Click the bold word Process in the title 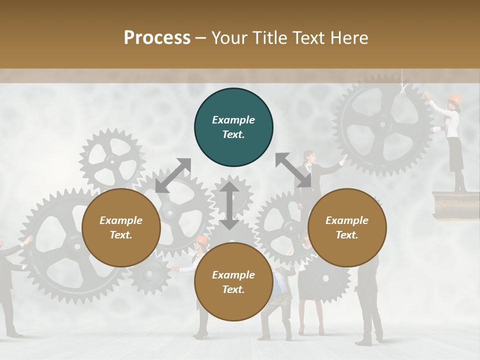tap(157, 38)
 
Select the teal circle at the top tap(233, 127)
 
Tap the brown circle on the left tap(121, 228)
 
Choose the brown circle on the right tap(347, 228)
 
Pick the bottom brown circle tap(233, 282)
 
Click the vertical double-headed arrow tap(229, 205)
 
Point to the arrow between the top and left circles tap(173, 175)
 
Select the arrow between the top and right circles tap(293, 170)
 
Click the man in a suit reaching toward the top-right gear tap(308, 172)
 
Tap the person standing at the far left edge tap(7, 285)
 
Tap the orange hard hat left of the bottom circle tap(201, 240)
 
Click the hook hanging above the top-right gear tap(402, 89)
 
